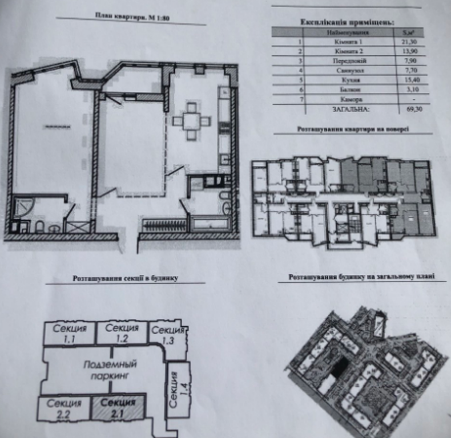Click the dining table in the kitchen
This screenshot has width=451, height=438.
[192, 121]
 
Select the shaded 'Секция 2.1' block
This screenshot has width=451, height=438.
[118, 408]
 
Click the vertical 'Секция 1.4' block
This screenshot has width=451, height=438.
[175, 387]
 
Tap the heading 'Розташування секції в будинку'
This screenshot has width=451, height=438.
[126, 278]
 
